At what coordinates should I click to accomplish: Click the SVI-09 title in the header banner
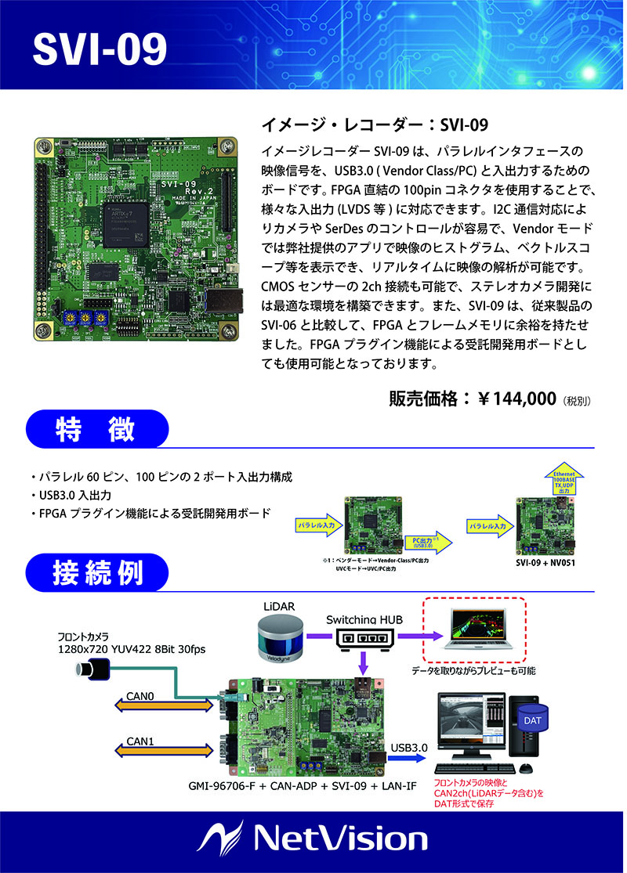coord(100,49)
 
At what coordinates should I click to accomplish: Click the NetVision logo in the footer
coord(313,840)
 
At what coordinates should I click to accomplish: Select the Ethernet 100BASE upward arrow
coord(564,479)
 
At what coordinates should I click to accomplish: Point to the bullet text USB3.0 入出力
coord(75,495)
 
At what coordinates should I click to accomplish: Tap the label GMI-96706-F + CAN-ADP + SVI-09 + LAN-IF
coord(302,785)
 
